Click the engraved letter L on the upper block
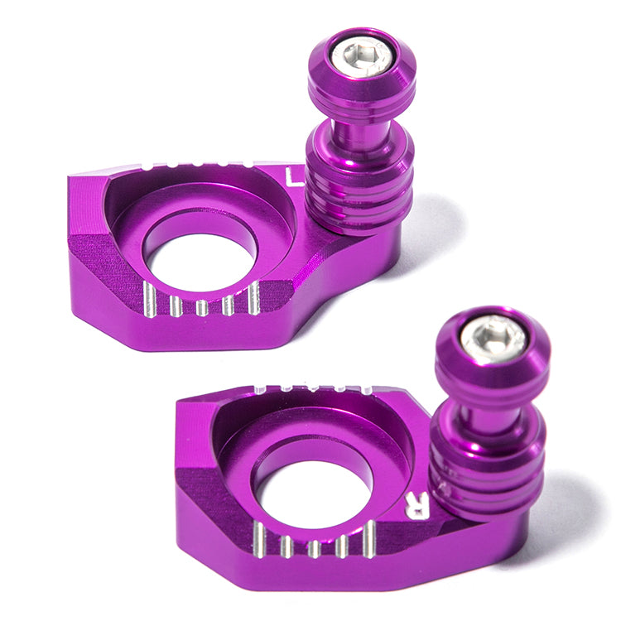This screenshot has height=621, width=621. click(x=293, y=177)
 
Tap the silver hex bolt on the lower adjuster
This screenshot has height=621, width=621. click(x=493, y=339)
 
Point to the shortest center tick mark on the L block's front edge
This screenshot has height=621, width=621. click(x=201, y=308)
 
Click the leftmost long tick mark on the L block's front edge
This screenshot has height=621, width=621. click(x=149, y=300)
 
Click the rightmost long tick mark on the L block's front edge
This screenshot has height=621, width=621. click(x=254, y=298)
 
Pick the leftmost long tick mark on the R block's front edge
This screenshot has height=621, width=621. click(x=259, y=540)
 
